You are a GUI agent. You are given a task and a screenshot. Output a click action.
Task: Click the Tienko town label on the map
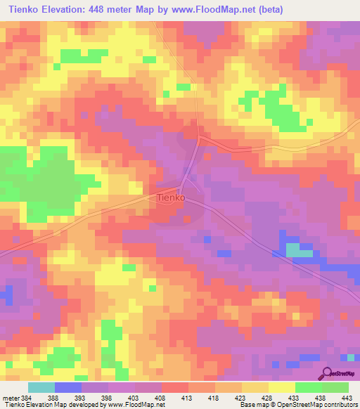coord(169,198)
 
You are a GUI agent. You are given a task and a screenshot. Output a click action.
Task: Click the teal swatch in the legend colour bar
coord(41,387)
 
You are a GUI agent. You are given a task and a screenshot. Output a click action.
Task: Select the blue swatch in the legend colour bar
coord(68,387)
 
